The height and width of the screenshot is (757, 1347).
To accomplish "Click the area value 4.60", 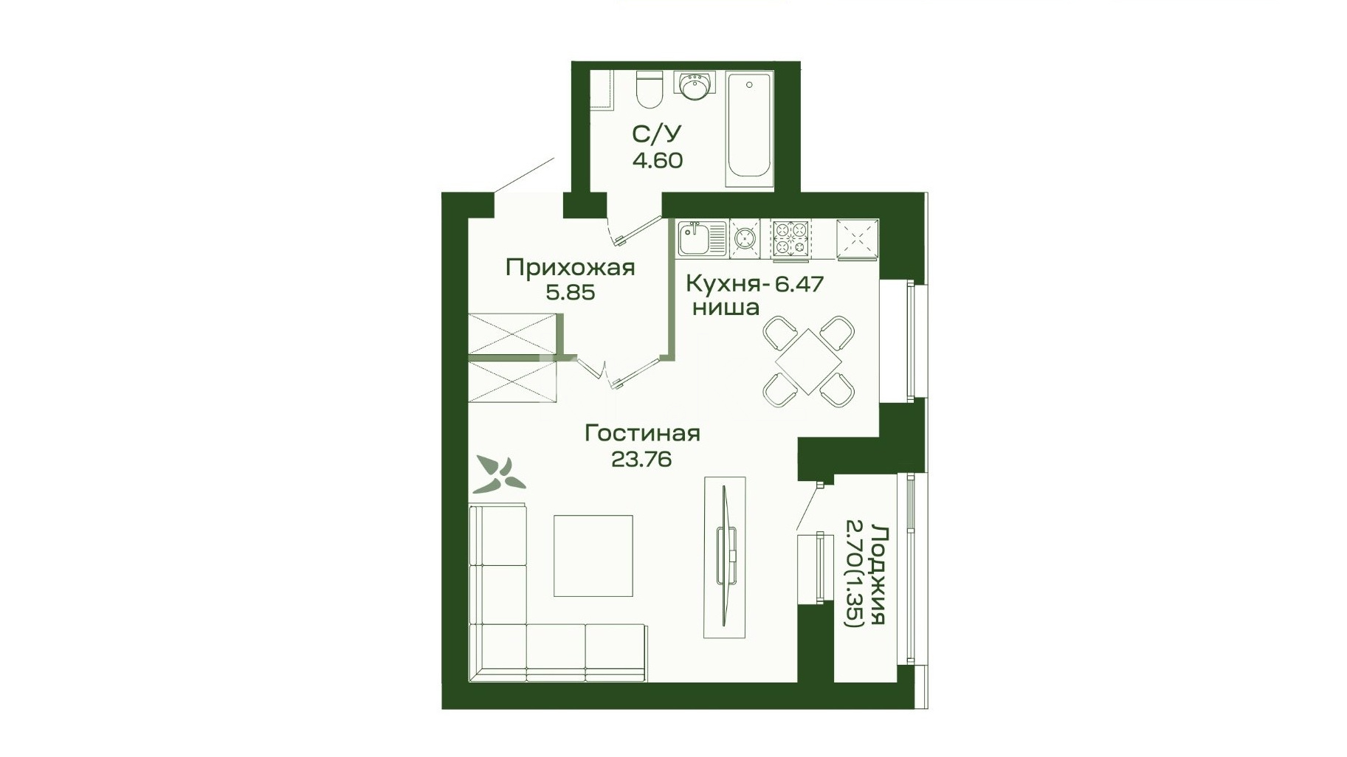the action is point(658,160).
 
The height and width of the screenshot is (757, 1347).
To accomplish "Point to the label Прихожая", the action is point(570,267).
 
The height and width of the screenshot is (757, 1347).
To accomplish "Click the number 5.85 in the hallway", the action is point(570,293).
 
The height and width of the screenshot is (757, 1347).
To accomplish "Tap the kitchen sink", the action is point(703,239).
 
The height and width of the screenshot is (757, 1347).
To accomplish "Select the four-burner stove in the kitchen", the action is point(790,239).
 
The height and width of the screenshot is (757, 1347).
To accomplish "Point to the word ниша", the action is point(726,308).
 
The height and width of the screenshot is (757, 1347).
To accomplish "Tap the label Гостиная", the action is point(642,433).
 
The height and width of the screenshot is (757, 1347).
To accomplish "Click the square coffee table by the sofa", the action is point(593,556).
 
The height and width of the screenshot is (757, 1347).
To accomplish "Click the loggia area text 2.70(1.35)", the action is point(853,574).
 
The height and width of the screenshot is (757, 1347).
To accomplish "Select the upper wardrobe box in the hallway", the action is point(512,333).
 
